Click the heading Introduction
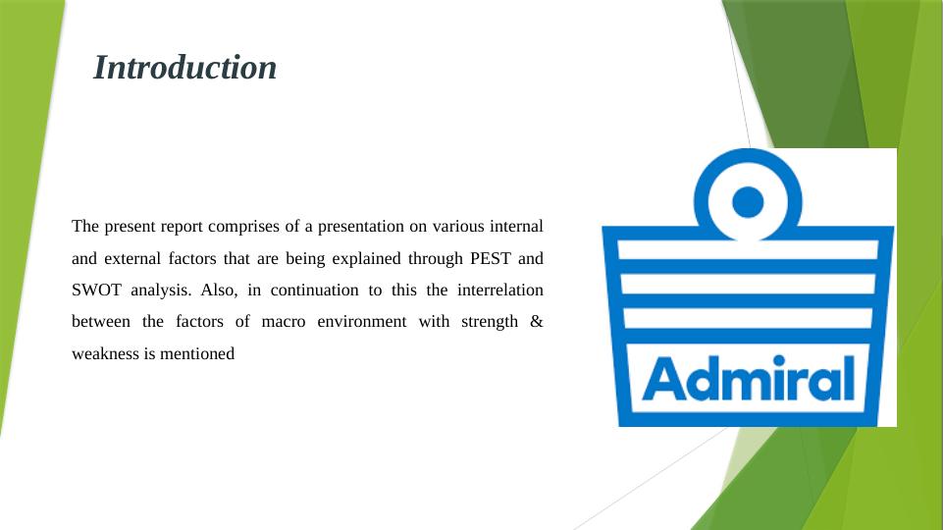pyautogui.click(x=184, y=68)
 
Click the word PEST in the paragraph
pyautogui.click(x=490, y=259)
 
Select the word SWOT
pyautogui.click(x=96, y=290)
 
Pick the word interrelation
pyautogui.click(x=500, y=290)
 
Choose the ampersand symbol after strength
pyautogui.click(x=537, y=322)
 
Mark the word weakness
pyautogui.click(x=105, y=353)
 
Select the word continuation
pyautogui.click(x=315, y=290)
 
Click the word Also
pyautogui.click(x=219, y=290)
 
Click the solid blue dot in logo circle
pyautogui.click(x=748, y=201)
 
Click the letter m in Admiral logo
pyautogui.click(x=753, y=385)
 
